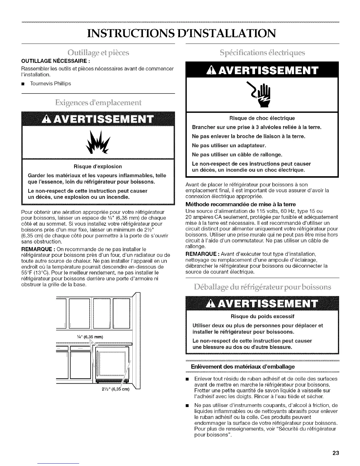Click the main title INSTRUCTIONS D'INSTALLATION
(x=180, y=33)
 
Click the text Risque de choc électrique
(x=263, y=118)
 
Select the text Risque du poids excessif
(x=263, y=316)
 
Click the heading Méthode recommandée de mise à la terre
(x=241, y=204)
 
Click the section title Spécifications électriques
(x=263, y=53)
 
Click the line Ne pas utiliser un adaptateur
(x=229, y=145)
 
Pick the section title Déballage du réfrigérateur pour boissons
(x=263, y=287)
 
